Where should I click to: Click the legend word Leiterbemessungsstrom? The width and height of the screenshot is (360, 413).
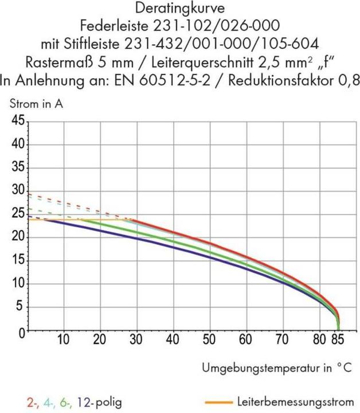coord(294,400)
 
